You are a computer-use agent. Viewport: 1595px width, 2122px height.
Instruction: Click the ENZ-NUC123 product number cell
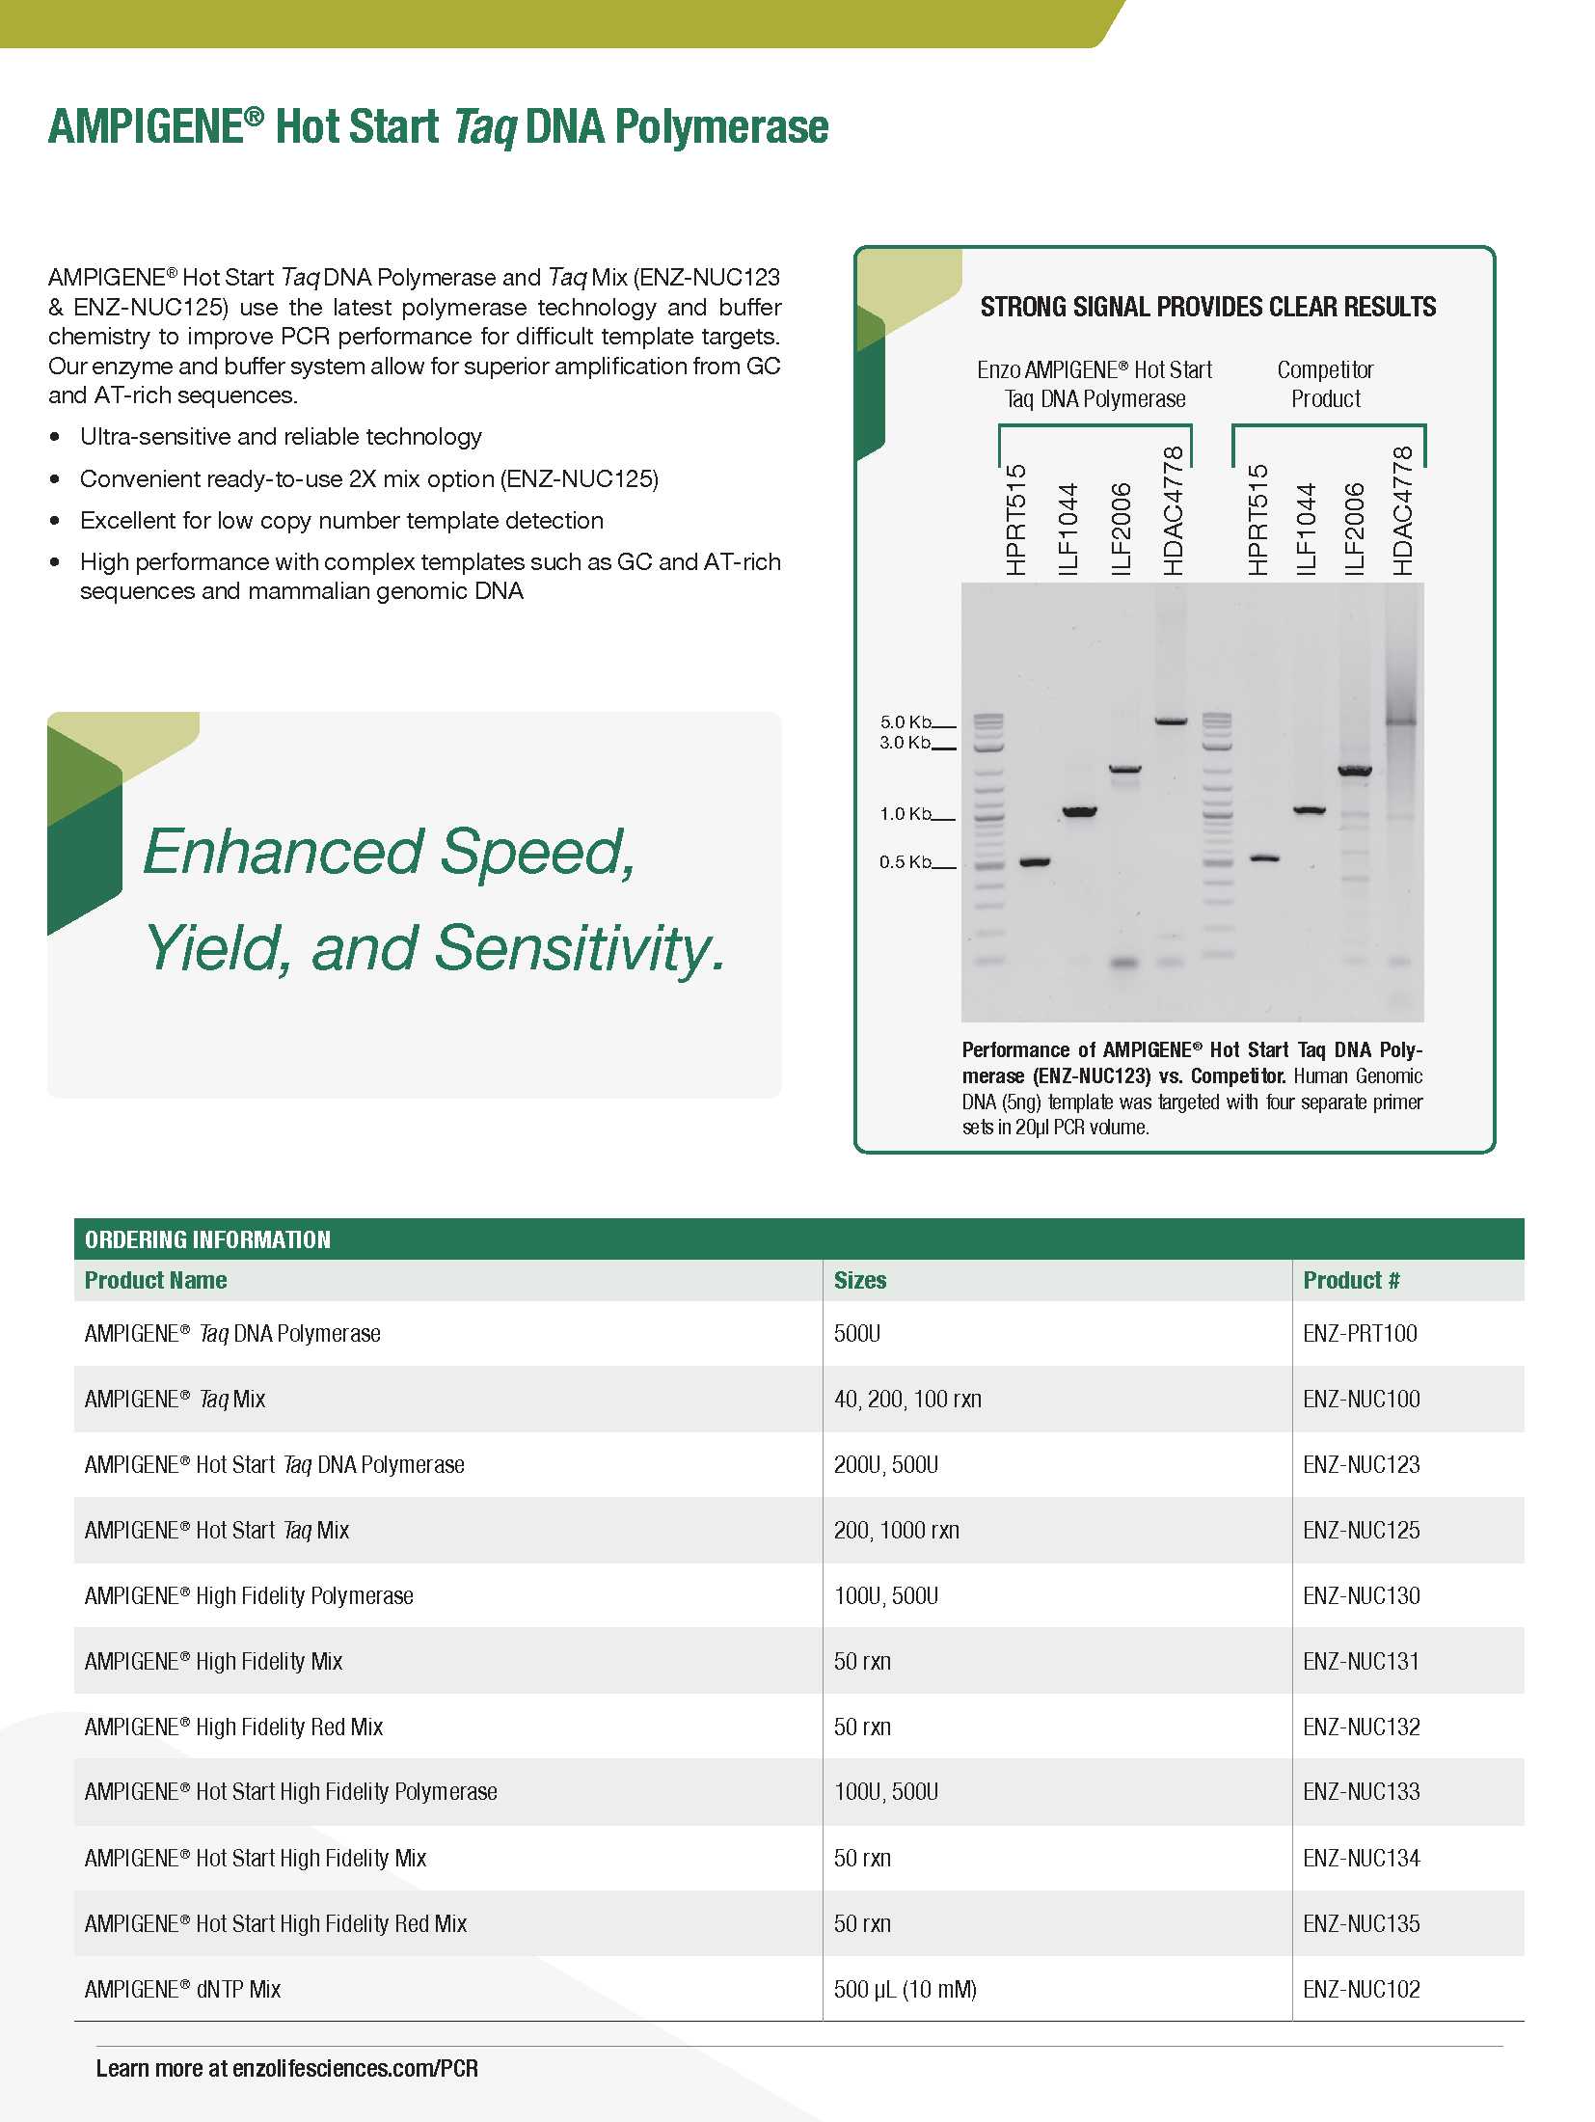tap(1361, 1464)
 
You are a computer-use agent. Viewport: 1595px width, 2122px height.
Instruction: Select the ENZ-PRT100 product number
tap(1360, 1333)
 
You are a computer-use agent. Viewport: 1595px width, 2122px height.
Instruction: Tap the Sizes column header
tap(859, 1280)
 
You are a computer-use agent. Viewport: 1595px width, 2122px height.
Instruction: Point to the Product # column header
tap(1350, 1280)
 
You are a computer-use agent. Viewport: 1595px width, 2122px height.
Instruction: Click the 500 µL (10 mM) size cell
tap(905, 1989)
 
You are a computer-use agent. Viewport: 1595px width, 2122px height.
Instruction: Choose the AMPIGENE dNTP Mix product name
tap(183, 1989)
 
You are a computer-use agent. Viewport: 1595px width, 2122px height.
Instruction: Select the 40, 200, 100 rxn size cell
tap(907, 1399)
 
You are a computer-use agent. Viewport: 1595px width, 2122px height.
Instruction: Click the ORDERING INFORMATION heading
tap(207, 1239)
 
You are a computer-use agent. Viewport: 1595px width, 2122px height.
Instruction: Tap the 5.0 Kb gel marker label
tap(905, 721)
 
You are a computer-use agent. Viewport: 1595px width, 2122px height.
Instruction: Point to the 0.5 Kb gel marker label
tap(905, 861)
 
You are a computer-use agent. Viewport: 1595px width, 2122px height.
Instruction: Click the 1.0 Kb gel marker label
tap(905, 814)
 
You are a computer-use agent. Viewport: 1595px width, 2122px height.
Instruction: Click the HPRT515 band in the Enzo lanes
tap(1035, 861)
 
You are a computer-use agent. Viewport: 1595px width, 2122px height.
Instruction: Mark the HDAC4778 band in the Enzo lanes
tap(1171, 721)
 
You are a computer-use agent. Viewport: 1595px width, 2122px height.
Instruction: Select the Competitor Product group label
tap(1325, 384)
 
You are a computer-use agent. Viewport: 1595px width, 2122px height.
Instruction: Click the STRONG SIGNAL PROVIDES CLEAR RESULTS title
tap(1207, 307)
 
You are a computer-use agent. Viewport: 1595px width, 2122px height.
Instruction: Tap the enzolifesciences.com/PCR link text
tap(355, 2068)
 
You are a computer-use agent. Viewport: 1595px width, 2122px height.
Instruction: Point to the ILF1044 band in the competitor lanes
tap(1309, 810)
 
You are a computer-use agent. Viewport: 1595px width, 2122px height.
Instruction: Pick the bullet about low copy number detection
tap(341, 521)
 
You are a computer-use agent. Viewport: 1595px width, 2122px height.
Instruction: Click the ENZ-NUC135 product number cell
tap(1361, 1923)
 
